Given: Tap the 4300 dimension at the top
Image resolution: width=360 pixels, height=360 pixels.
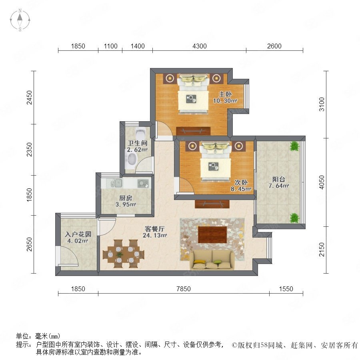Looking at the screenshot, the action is [x=199, y=46].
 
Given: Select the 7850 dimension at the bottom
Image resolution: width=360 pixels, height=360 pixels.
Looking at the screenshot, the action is [x=184, y=288].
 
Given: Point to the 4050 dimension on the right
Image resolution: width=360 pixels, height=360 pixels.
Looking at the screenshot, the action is [x=322, y=182].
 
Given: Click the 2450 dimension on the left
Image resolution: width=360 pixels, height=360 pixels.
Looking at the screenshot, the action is [x=29, y=98].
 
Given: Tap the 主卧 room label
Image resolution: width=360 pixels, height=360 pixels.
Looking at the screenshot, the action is [x=225, y=94].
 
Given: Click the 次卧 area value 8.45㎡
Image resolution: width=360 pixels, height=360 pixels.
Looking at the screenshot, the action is [x=241, y=189].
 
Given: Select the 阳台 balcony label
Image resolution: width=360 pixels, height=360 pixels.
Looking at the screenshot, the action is [x=279, y=179].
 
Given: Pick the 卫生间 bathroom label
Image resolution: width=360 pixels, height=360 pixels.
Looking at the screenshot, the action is [x=138, y=143].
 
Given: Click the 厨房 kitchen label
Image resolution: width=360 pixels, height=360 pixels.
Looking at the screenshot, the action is [x=126, y=198].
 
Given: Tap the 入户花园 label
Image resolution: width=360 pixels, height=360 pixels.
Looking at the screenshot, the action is [x=78, y=234].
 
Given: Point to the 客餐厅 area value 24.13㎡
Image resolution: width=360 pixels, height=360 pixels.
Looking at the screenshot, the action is [x=155, y=235].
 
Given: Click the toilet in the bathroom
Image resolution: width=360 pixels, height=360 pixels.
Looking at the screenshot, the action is [x=140, y=133].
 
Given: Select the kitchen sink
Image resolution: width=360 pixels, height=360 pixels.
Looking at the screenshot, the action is [x=116, y=183].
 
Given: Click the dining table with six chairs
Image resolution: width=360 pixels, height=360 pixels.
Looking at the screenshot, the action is [x=124, y=254].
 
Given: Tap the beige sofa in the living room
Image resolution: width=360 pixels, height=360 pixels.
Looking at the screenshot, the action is [x=212, y=260].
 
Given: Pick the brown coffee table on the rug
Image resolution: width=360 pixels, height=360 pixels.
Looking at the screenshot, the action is [x=212, y=235].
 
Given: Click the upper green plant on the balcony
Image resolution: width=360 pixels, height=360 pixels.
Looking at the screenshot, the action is [x=294, y=146].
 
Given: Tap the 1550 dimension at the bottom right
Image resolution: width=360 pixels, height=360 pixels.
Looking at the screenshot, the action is [x=286, y=288].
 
